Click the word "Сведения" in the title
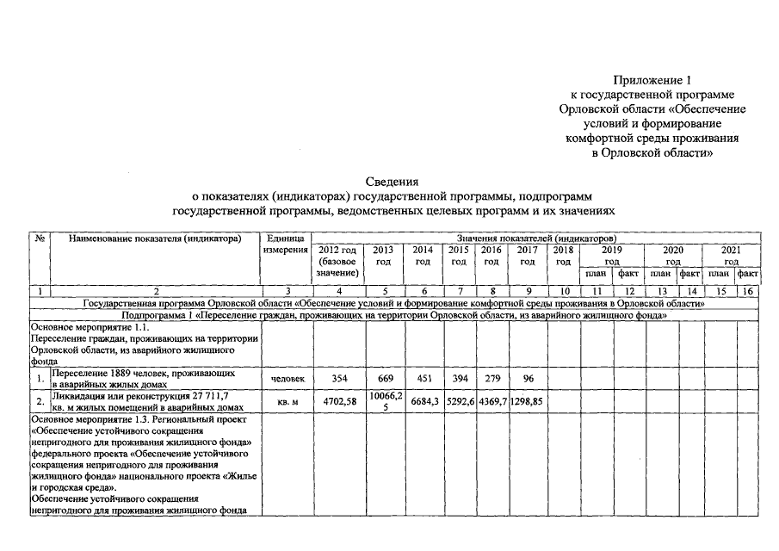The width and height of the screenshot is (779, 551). click(x=392, y=182)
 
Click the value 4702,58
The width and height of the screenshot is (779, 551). click(x=337, y=401)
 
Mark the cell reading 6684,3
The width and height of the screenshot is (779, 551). click(x=423, y=401)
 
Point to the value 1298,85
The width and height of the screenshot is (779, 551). click(x=526, y=401)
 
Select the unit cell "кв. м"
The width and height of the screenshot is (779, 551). click(x=287, y=401)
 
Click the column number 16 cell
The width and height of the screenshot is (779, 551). click(x=749, y=292)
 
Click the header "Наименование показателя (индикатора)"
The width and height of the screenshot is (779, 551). click(x=155, y=238)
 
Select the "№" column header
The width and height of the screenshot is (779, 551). click(x=40, y=238)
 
